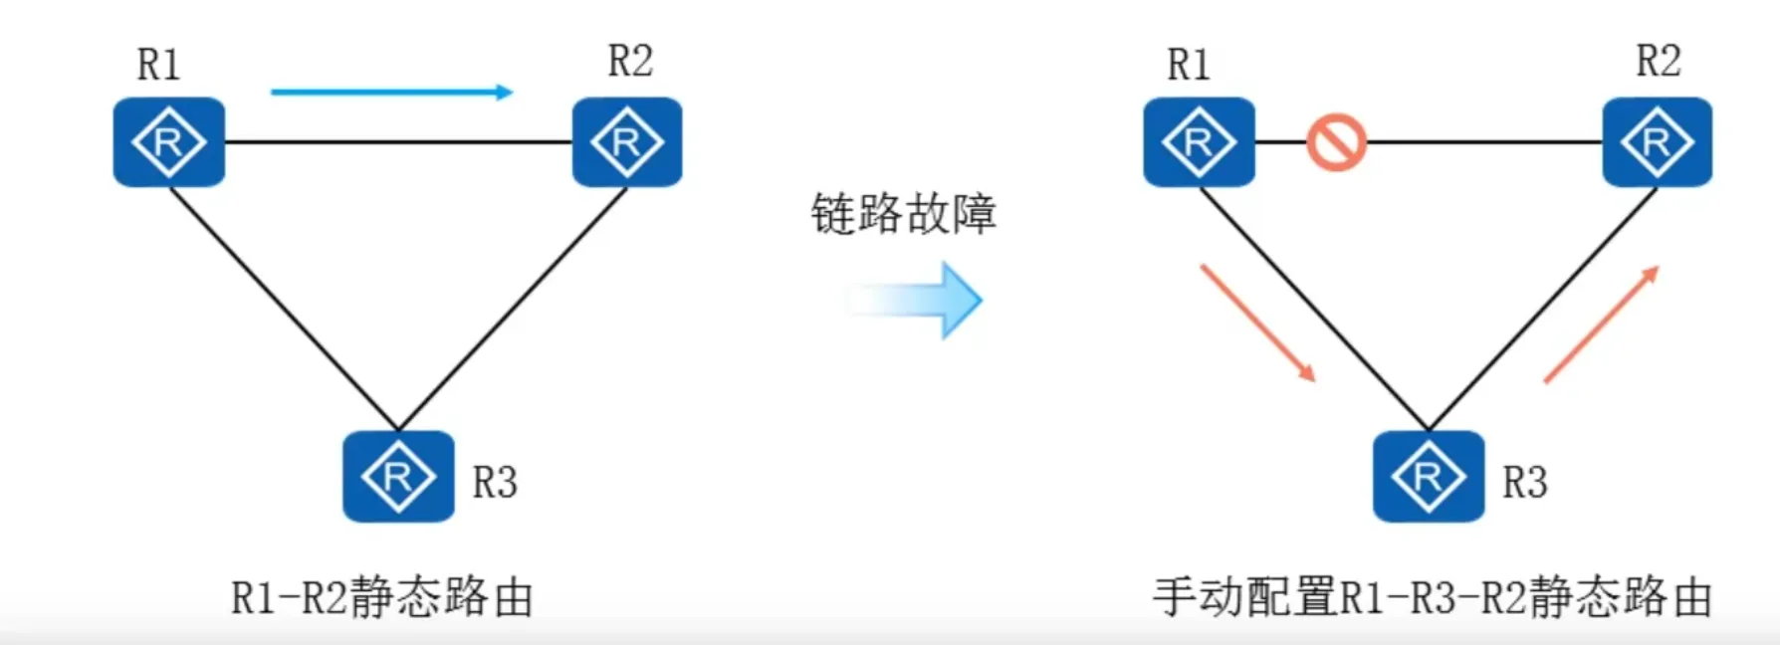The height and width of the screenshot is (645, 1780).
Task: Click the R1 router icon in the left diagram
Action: [168, 142]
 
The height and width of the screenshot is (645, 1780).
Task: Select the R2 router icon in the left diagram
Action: [627, 142]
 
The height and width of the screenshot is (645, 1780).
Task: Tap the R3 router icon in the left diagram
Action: [398, 476]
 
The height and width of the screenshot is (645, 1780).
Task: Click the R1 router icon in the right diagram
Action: [1199, 142]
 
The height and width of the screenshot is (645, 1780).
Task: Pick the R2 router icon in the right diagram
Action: [1658, 142]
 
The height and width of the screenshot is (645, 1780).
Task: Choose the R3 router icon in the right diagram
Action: [1429, 476]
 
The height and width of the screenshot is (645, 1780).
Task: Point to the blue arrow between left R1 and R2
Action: [391, 93]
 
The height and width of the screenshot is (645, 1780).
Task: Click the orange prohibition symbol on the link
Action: [1336, 142]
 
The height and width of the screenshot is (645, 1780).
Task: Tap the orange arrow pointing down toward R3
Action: [1258, 322]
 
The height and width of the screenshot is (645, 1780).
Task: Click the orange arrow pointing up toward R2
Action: [1601, 324]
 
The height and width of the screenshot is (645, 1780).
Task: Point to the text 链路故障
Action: [903, 214]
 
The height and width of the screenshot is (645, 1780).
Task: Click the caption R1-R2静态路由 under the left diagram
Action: [382, 598]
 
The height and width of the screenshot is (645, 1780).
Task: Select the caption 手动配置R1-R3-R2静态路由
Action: [1433, 597]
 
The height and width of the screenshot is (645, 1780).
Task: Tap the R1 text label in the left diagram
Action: [158, 65]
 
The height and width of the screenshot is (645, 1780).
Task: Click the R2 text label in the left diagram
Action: [630, 62]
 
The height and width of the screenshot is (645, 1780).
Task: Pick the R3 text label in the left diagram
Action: [495, 483]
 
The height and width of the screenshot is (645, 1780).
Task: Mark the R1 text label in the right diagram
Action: [1189, 65]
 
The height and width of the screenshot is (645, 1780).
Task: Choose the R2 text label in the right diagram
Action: [1659, 62]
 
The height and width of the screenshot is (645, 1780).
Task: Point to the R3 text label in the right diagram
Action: [1525, 483]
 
